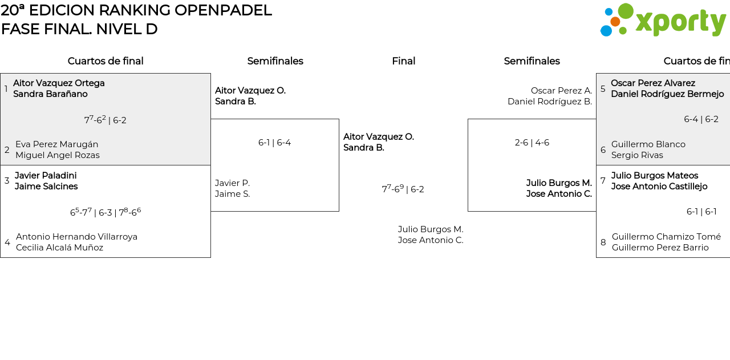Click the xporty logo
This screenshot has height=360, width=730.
[663, 21]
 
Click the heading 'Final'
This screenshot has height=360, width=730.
[403, 61]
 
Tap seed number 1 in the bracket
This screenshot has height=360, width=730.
[6, 89]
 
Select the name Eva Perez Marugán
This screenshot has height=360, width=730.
[56, 144]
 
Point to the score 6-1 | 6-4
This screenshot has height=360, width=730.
[274, 143]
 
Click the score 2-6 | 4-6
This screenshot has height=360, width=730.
[532, 143]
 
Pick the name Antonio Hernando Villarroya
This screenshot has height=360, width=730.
[76, 237]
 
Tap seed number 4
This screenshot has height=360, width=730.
[7, 242]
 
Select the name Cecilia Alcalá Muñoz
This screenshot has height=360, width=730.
[59, 248]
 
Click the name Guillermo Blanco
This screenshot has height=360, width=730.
[648, 144]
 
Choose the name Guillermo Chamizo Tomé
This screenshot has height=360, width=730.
[666, 237]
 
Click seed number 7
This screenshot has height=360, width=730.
[603, 181]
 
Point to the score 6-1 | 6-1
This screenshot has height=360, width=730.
[701, 212]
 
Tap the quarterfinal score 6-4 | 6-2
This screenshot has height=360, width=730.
[701, 119]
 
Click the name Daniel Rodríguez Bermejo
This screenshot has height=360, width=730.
[667, 94]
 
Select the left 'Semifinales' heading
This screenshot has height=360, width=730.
[275, 61]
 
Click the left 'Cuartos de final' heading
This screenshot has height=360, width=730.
[106, 61]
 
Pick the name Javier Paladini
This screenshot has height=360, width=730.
[46, 176]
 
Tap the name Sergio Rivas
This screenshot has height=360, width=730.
[637, 155]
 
